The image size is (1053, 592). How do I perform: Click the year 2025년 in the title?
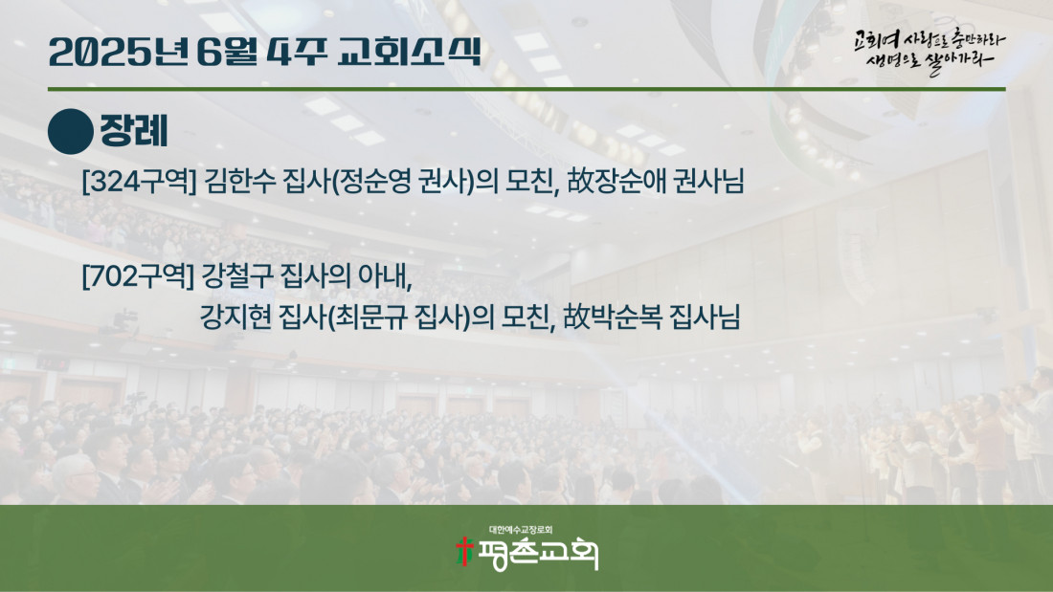coord(118,53)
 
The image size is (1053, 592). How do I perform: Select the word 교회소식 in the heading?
coord(410,52)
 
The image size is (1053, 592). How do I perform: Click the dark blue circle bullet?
coord(71,132)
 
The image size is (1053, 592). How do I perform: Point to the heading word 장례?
coord(134,131)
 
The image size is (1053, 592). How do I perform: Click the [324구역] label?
coord(139,181)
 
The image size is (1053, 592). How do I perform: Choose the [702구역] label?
coord(138,275)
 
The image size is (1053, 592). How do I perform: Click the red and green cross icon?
coord(463,551)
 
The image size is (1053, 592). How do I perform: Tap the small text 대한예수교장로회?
coord(521,530)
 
